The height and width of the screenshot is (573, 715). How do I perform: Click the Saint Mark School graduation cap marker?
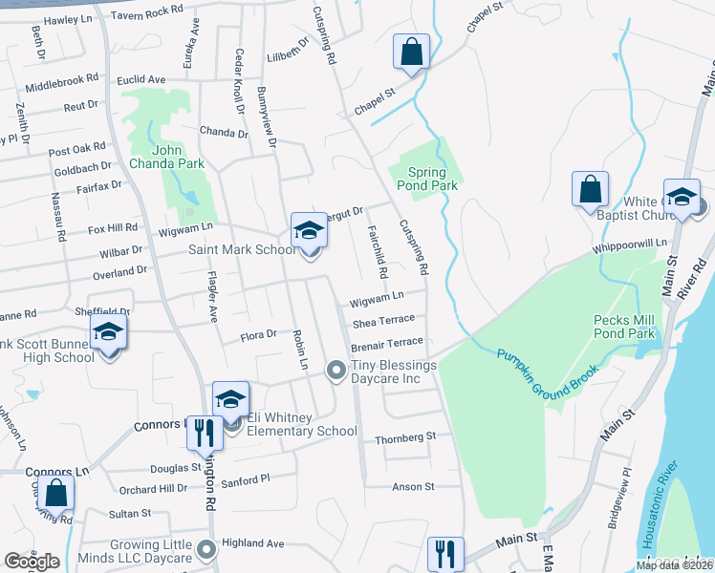coord(309,230)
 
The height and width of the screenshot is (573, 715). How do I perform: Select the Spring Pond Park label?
coord(426,178)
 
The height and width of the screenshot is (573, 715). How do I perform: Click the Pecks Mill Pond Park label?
coord(624,327)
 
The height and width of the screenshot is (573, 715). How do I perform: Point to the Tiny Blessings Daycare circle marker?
coord(336,370)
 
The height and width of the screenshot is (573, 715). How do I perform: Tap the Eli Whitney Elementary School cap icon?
coord(230,400)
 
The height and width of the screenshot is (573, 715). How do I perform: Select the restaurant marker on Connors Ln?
coord(203,431)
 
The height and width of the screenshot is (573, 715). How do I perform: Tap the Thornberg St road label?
coord(406,436)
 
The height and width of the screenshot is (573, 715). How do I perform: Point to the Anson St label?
coord(414,486)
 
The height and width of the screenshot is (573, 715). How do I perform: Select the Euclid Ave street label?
coord(142,79)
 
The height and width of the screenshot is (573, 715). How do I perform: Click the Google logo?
coord(32,562)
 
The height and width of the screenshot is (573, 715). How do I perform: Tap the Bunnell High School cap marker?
coord(109,332)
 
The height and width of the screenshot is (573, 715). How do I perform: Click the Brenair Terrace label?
coord(387,341)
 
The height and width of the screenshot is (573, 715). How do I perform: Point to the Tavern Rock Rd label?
coord(146,11)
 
